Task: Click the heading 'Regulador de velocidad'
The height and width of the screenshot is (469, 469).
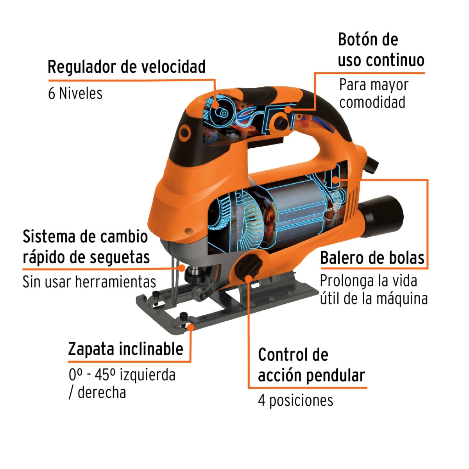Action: coord(126,67)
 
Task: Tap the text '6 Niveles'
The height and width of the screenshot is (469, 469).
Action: coord(75,93)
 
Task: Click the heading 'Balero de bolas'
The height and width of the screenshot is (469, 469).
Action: coord(372,258)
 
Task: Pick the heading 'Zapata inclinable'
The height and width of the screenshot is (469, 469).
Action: coord(125,349)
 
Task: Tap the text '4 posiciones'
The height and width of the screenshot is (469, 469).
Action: coord(295,401)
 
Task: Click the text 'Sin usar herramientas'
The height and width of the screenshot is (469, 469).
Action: coord(89,282)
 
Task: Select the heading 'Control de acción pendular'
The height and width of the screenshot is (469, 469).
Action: coord(311,365)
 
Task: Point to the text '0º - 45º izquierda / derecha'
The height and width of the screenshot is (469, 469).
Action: coord(122,383)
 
